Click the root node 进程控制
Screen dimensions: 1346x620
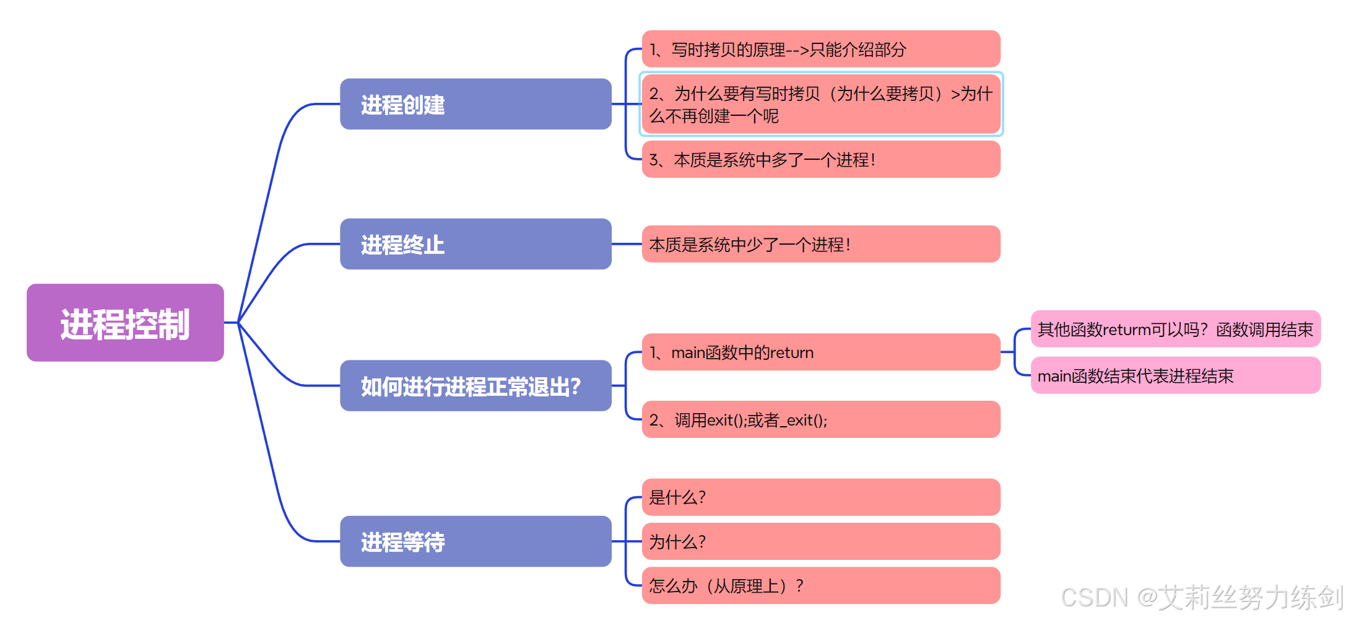click(x=125, y=323)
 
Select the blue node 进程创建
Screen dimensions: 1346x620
click(x=475, y=104)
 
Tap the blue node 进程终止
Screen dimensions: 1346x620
click(x=475, y=244)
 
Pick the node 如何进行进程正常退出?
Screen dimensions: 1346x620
click(x=475, y=386)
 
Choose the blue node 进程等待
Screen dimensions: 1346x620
click(x=475, y=541)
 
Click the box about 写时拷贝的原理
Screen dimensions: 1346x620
click(x=820, y=49)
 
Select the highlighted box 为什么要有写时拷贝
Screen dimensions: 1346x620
click(x=820, y=104)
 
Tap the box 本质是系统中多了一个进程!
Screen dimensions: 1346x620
click(x=820, y=159)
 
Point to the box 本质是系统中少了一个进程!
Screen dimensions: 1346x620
click(x=820, y=244)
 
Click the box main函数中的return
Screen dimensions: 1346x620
click(x=820, y=352)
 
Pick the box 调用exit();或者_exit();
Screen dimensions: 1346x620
click(x=820, y=419)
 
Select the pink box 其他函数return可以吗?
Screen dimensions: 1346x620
click(x=1174, y=329)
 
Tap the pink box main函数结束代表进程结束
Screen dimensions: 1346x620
click(x=1174, y=375)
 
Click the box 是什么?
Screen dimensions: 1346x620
click(x=820, y=497)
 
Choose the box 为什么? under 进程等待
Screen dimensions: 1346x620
click(x=820, y=541)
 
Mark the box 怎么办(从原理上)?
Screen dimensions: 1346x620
click(x=820, y=585)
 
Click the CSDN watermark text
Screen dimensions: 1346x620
click(x=1201, y=597)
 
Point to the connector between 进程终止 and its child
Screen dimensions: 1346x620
click(x=627, y=244)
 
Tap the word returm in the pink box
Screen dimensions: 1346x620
click(x=1126, y=330)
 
